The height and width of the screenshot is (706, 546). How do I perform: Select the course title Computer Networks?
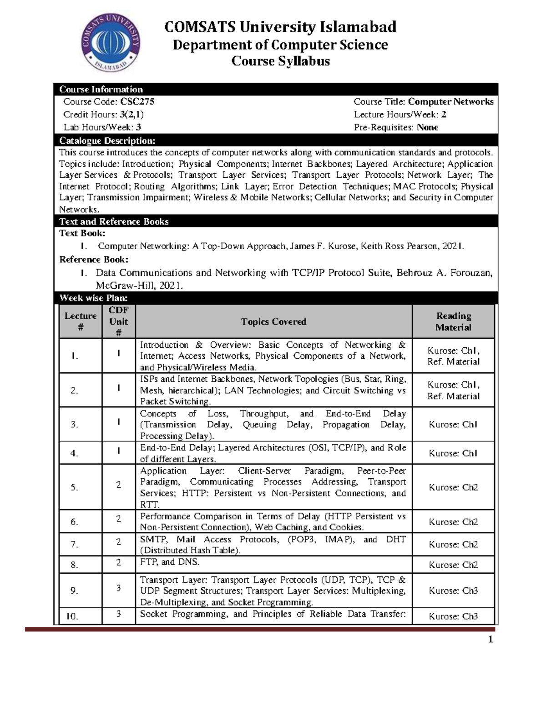pos(450,102)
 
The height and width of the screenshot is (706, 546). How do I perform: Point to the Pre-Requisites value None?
pos(427,127)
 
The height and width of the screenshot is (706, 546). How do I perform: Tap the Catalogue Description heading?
pos(107,140)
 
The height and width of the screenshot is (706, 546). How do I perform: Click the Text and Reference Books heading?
pos(114,221)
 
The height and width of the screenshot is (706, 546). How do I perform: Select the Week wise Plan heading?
pos(93,298)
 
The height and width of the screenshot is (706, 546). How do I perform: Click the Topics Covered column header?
pos(273,321)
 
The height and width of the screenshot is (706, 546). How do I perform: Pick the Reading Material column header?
pos(453,321)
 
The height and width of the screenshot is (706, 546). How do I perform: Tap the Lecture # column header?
pos(81,321)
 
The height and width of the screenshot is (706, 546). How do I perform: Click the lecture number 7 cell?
pos(75,545)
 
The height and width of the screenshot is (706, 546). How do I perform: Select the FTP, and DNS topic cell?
pos(170,562)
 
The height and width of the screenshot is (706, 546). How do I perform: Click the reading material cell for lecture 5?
pos(453,487)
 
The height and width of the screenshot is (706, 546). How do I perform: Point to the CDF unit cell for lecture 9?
pos(118,588)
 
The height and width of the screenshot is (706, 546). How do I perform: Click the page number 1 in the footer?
pos(490,640)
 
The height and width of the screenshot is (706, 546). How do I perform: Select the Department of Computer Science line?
pos(280,45)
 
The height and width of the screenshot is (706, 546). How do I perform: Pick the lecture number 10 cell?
pos(73,616)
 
